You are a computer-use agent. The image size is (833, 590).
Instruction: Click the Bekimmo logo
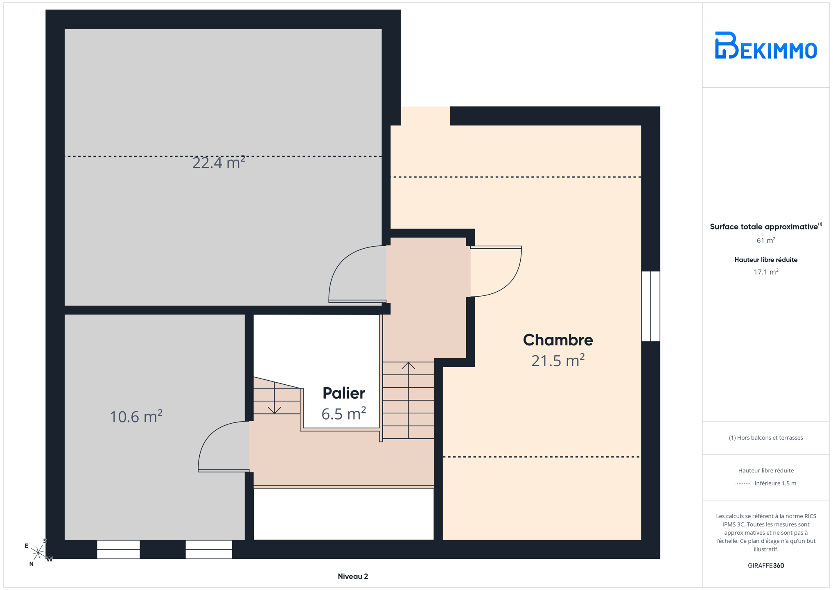point(765,45)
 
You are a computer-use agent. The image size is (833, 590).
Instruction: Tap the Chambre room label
point(558,340)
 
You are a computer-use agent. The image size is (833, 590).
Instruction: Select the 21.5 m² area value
point(558,361)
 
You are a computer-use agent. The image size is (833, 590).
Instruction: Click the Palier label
point(344,393)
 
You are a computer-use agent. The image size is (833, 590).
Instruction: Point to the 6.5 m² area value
point(344,414)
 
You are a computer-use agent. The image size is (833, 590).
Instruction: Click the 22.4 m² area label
point(219,163)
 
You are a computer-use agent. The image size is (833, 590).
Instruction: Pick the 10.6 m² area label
point(136,417)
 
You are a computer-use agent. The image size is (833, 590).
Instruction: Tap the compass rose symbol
point(38,553)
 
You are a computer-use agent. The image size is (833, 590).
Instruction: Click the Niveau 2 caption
point(353,576)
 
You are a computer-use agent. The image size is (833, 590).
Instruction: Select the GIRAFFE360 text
point(766,566)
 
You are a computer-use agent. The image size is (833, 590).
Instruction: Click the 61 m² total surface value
point(766,241)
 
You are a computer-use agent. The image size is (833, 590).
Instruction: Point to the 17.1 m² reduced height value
point(766,272)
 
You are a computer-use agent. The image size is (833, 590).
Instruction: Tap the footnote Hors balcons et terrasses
point(766,438)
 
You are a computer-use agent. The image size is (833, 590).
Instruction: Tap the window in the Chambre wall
point(650,306)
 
